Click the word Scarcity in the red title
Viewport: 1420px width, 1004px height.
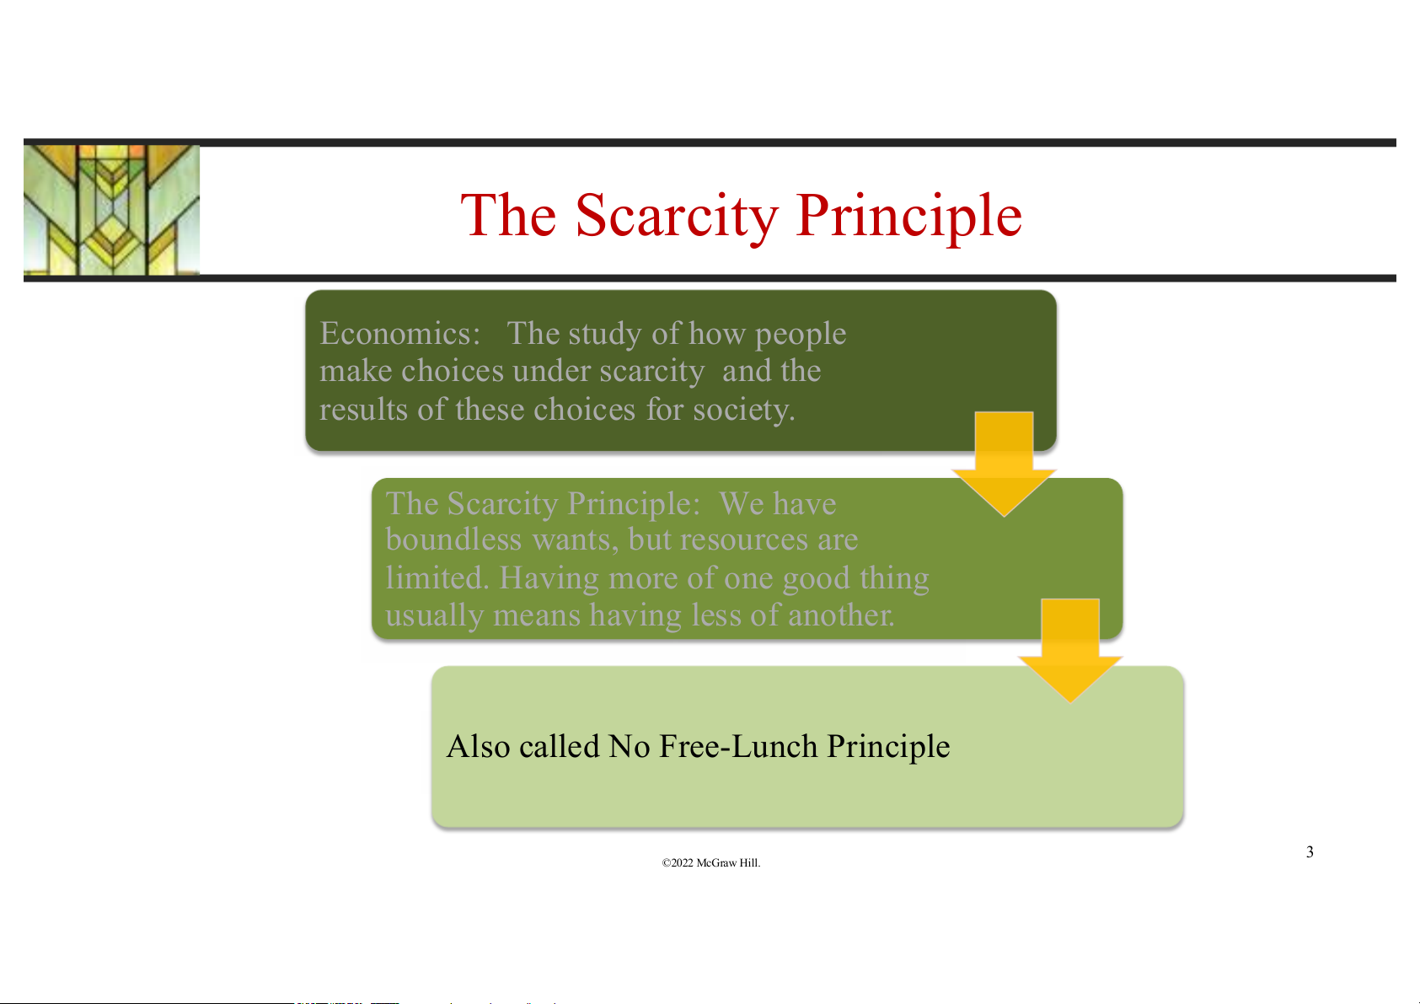[677, 217]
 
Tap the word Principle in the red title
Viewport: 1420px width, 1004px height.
[909, 217]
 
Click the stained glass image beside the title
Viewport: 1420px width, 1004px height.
[111, 210]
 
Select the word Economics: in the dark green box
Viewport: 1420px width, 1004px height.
[400, 334]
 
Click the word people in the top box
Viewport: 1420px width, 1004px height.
[801, 335]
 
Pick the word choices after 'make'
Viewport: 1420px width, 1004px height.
[452, 371]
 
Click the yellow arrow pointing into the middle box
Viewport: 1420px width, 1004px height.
[1005, 464]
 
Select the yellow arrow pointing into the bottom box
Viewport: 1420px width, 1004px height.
[1070, 650]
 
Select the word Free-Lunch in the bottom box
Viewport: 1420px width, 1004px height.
[738, 747]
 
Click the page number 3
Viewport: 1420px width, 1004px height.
[1310, 851]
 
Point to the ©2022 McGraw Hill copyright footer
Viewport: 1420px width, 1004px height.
[710, 863]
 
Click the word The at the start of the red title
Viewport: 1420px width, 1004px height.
[508, 217]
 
